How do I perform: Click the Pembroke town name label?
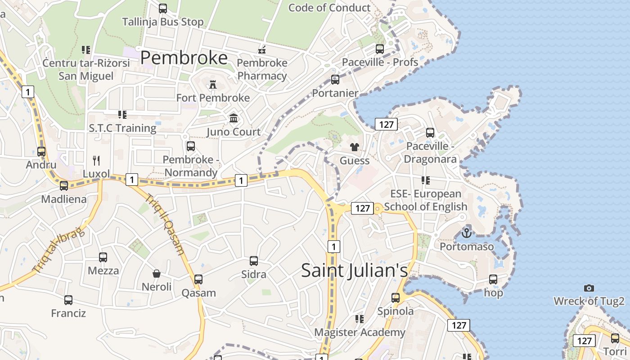(x=184, y=58)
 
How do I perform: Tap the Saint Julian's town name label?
(x=355, y=270)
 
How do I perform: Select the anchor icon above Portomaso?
(x=467, y=233)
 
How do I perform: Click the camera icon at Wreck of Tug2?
(x=589, y=288)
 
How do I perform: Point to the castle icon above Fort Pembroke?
(x=213, y=85)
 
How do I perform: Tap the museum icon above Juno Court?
(x=234, y=118)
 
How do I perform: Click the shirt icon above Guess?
(x=354, y=147)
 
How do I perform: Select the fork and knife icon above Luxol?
(x=96, y=161)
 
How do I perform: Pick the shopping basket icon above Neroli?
(x=157, y=274)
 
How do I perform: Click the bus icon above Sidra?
(x=254, y=261)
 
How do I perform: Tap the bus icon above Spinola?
(x=395, y=297)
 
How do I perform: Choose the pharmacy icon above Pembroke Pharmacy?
(x=262, y=49)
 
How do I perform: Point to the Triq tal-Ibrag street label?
(x=58, y=249)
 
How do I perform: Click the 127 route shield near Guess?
(x=386, y=124)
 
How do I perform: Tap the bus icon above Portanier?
(x=335, y=80)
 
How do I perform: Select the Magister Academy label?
(x=360, y=333)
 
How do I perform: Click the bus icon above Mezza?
(x=103, y=257)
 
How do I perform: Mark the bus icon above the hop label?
(x=493, y=279)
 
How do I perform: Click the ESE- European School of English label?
(x=426, y=200)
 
